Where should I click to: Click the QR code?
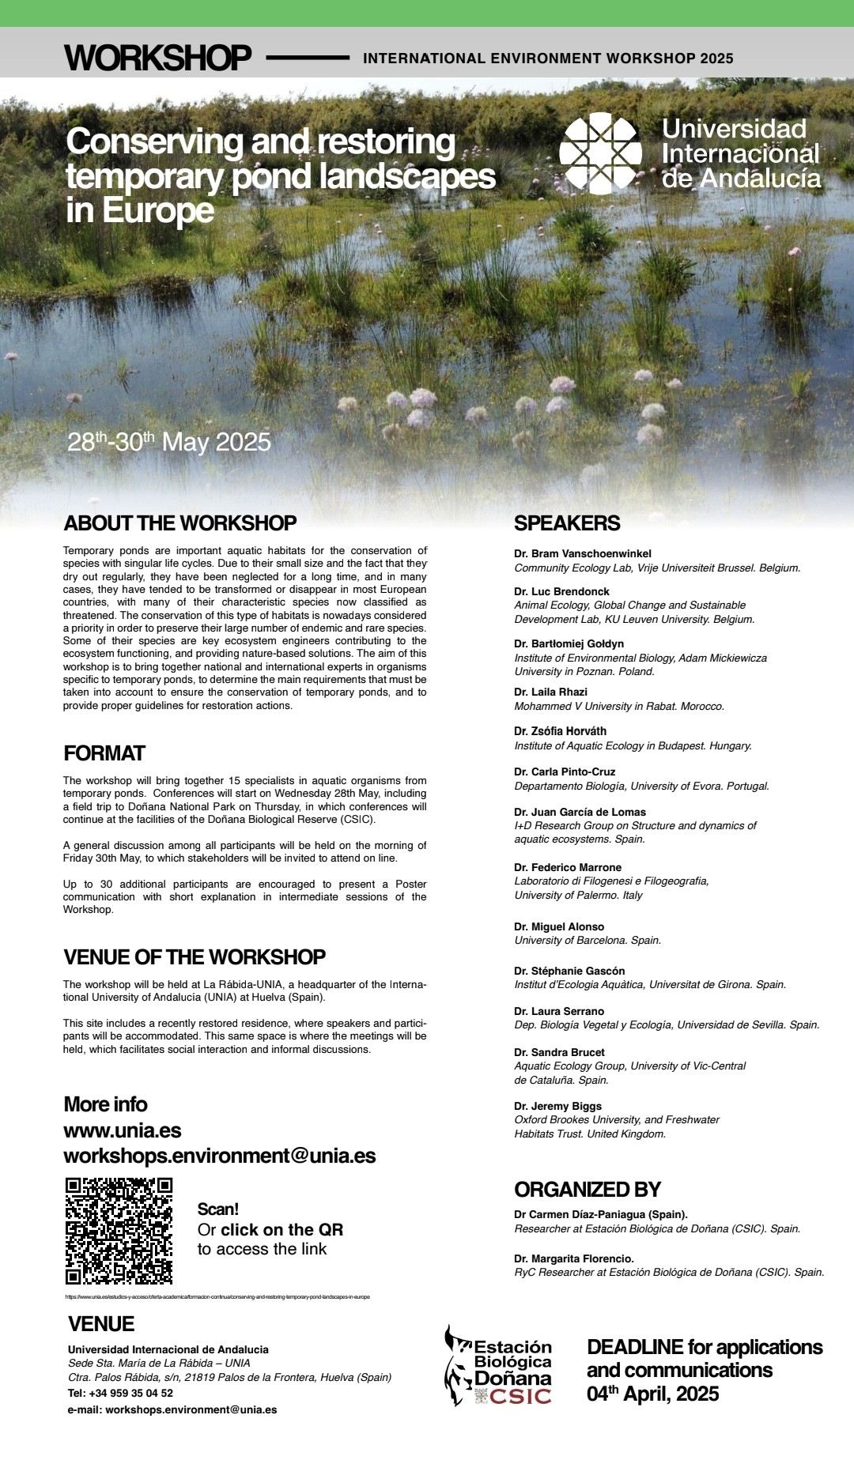point(119,1231)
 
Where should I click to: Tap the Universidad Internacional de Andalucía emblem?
point(600,153)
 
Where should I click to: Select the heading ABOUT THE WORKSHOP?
point(180,523)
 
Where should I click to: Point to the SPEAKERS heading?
point(567,523)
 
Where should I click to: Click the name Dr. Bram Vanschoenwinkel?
point(583,554)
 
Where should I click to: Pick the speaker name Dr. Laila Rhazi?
point(550,692)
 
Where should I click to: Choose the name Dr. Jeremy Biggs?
point(557,1107)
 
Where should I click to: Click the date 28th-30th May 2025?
point(169,442)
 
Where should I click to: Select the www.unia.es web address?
point(123,1131)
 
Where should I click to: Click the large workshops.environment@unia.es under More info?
point(220,1156)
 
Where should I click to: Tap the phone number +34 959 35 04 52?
point(130,1394)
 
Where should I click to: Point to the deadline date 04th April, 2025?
point(652,1394)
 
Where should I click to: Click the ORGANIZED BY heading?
point(588,1190)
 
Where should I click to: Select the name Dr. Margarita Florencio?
point(574,1258)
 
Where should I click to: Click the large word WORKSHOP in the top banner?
point(158,58)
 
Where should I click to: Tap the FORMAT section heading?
point(104,753)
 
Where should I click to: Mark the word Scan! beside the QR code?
point(218,1209)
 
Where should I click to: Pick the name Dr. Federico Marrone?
point(568,868)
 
